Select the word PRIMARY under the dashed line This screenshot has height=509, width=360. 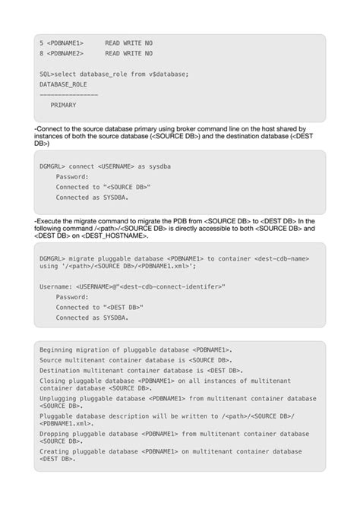click(x=63, y=105)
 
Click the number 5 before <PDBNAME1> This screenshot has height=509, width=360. click(x=41, y=43)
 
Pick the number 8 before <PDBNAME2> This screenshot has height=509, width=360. click(x=41, y=53)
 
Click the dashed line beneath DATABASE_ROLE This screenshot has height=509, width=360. click(x=68, y=94)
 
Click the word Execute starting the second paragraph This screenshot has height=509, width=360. click(x=49, y=220)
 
